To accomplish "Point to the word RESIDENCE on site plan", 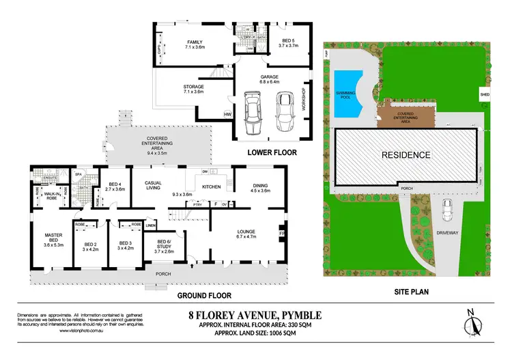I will [x=406, y=155].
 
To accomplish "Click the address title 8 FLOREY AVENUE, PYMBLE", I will [x=255, y=315].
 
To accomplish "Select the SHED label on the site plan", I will [x=485, y=95].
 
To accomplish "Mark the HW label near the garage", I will [x=227, y=114].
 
